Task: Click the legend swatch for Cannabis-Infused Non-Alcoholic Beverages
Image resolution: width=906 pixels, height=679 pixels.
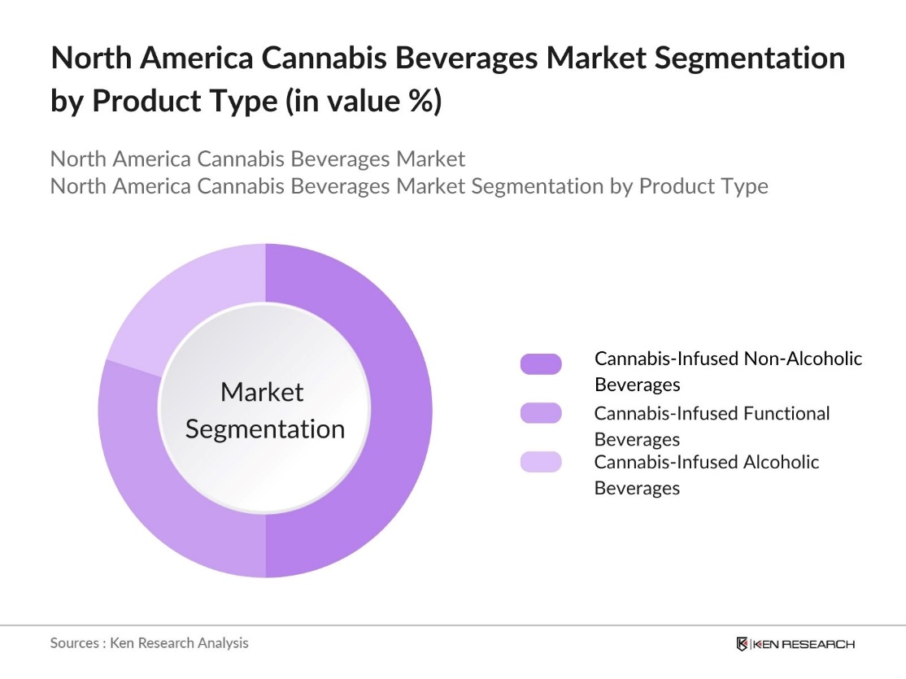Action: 541,364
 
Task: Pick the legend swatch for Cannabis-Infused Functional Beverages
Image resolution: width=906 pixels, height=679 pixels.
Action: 541,413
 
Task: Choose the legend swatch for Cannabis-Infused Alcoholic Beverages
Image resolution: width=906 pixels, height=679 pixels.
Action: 541,462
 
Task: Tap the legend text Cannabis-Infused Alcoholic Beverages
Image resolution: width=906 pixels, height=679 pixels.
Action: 706,474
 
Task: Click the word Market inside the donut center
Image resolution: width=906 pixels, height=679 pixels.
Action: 262,392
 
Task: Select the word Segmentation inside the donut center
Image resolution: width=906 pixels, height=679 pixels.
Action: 265,429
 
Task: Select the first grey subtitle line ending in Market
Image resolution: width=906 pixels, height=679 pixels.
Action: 258,158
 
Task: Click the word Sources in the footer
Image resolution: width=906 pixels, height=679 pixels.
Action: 74,642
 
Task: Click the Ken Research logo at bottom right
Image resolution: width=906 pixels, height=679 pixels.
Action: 795,644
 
